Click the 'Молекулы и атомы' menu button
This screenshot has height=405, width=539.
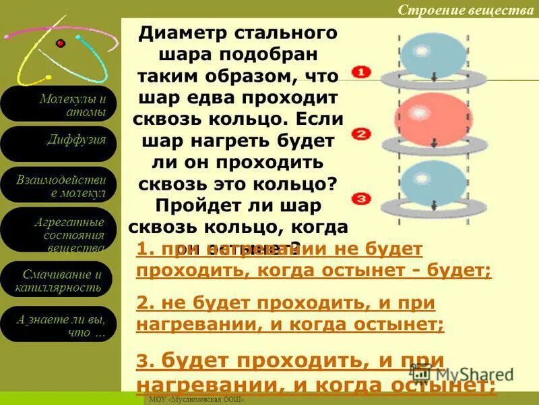[59, 104]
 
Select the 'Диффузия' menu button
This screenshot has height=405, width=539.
[59, 143]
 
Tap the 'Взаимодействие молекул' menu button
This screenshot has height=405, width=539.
[59, 185]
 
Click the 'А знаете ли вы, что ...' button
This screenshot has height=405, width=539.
[59, 325]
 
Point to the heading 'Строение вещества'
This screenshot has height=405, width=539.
[466, 9]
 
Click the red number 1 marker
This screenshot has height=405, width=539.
[360, 72]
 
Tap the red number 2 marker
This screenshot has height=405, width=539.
[361, 134]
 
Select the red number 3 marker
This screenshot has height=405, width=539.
[361, 198]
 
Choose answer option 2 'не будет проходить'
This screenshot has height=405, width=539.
[290, 313]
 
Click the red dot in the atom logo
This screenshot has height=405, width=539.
[61, 44]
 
